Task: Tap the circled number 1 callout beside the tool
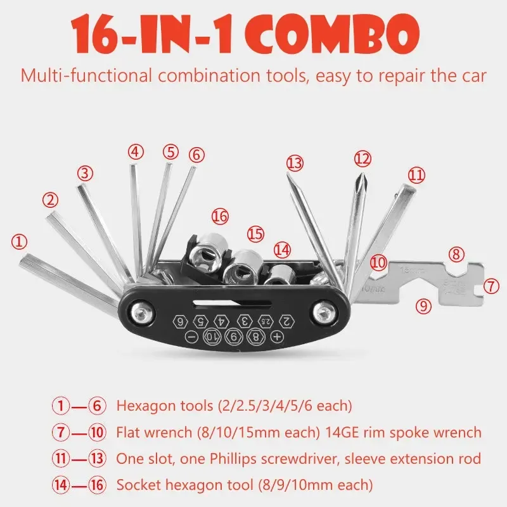20,241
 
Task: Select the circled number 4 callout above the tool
136,151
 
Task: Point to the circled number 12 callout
361,157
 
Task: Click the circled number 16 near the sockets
219,217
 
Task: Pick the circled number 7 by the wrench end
491,285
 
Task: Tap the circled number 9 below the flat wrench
423,305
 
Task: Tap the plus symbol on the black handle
276,337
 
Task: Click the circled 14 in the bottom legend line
60,486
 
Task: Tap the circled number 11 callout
416,174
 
